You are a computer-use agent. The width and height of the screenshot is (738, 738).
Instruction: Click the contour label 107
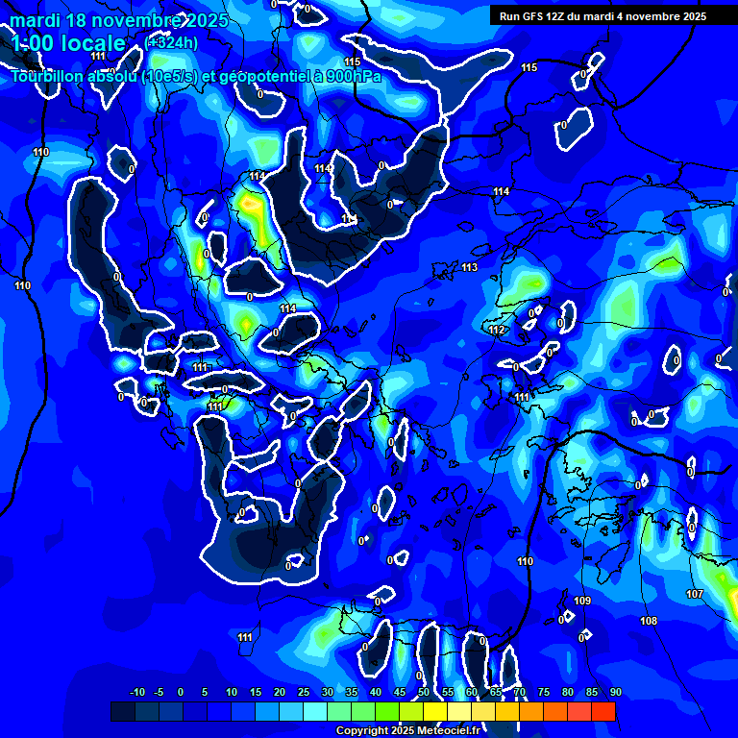[695, 595]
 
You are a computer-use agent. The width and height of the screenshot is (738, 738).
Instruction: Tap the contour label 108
[649, 622]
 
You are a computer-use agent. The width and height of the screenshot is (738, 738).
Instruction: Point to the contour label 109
[582, 601]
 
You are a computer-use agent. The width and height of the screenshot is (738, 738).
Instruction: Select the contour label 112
[496, 331]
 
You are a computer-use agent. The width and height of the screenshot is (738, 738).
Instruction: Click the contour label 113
[470, 267]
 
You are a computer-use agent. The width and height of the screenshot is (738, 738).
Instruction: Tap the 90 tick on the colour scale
[615, 692]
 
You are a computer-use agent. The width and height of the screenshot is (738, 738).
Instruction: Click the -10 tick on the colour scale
[136, 692]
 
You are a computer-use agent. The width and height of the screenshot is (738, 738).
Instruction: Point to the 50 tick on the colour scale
[423, 692]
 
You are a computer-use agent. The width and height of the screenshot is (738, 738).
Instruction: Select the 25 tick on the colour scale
[304, 692]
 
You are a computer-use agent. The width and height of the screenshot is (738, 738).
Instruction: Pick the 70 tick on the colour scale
[519, 692]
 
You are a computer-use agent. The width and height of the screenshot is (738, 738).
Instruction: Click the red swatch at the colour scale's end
[603, 711]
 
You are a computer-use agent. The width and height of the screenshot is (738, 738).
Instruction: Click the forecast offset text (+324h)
[172, 42]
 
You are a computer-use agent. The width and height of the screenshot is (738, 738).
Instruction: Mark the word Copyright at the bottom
[362, 731]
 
